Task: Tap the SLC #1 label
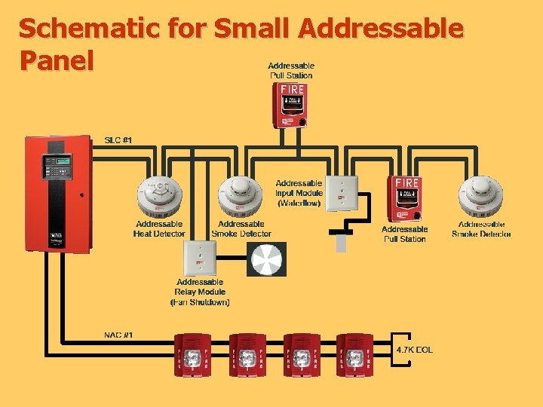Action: (118, 139)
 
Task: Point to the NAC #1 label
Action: (118, 335)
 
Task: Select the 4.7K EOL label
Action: (415, 350)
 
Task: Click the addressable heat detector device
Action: (159, 197)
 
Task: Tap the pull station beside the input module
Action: (404, 198)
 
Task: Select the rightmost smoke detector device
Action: (481, 197)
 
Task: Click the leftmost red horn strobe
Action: (193, 353)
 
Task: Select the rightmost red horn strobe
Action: (354, 353)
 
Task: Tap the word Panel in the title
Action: (57, 60)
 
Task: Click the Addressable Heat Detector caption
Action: (159, 229)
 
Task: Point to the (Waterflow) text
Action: (299, 203)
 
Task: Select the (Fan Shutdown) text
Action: (200, 302)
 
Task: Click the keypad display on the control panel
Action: (57, 161)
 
